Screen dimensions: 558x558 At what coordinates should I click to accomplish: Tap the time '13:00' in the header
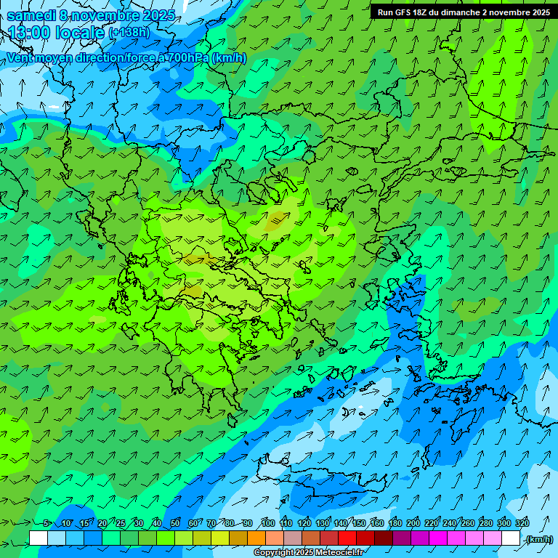pyautogui.click(x=30, y=33)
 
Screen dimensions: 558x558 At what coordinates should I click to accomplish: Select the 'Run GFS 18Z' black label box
pyautogui.click(x=463, y=12)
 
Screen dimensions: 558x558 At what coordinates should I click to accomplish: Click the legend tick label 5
pyautogui.click(x=46, y=523)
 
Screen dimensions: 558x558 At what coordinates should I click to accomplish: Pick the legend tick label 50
pyautogui.click(x=174, y=523)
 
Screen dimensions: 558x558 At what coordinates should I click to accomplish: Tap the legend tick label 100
pyautogui.click(x=267, y=523)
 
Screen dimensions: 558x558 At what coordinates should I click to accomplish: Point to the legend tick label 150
pyautogui.click(x=358, y=523)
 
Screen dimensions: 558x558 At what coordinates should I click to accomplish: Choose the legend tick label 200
pyautogui.click(x=413, y=523)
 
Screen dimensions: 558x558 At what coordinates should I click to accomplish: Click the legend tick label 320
pyautogui.click(x=522, y=523)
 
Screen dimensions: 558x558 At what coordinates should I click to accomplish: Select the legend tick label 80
pyautogui.click(x=230, y=523)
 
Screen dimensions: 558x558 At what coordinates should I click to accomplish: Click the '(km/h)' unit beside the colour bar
pyautogui.click(x=538, y=539)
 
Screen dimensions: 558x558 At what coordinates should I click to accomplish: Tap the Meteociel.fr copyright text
pyautogui.click(x=308, y=553)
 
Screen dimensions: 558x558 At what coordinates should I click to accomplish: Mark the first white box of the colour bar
pyautogui.click(x=39, y=538)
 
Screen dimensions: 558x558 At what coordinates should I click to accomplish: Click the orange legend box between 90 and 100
pyautogui.click(x=256, y=538)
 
